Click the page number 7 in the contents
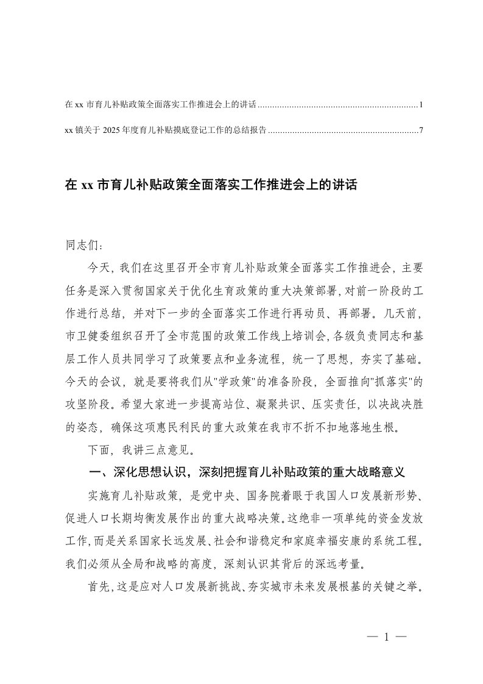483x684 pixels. pos(421,130)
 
